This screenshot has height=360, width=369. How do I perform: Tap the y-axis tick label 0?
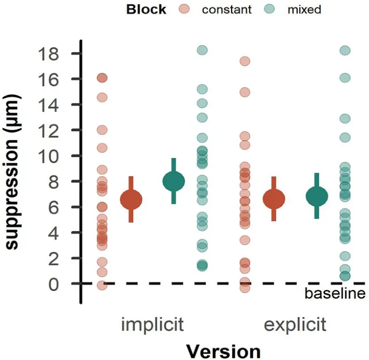(x=53, y=284)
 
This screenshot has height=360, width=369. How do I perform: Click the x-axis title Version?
(x=223, y=350)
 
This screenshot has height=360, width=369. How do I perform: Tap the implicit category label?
(x=153, y=325)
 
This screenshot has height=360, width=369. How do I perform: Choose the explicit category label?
(x=295, y=325)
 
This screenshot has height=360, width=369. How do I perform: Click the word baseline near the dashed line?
(x=335, y=294)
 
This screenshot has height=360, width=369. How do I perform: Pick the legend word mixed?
(x=304, y=10)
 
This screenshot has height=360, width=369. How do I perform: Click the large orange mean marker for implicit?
(x=131, y=199)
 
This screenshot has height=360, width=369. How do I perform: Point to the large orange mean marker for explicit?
(x=274, y=199)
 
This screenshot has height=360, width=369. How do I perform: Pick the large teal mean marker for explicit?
(x=317, y=197)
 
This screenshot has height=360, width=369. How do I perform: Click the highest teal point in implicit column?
(x=202, y=50)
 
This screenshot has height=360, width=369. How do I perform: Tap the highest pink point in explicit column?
(x=245, y=61)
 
